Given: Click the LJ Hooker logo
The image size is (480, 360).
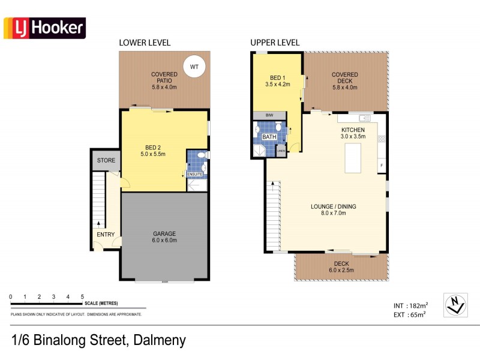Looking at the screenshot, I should click(45, 28).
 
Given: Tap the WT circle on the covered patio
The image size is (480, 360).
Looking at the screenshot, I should click(194, 67).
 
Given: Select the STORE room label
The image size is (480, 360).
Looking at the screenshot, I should click(106, 160).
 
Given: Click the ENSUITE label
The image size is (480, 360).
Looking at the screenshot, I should click(196, 175).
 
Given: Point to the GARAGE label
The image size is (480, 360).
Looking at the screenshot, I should click(164, 233).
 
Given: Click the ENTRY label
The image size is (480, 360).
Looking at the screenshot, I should click(106, 235).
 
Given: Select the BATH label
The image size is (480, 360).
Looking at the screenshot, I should click(269, 137).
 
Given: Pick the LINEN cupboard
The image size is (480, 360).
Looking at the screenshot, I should click(281, 150).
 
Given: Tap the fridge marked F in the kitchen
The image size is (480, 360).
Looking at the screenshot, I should click(381, 165).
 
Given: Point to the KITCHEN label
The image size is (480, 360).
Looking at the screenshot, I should click(353, 130).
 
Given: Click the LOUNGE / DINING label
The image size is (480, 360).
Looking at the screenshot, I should click(333, 206).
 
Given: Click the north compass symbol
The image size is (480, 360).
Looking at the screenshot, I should click(455, 305).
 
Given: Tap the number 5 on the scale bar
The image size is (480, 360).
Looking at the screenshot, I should click(82, 297).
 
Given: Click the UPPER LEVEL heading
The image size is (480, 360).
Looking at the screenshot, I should click(275, 43).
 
